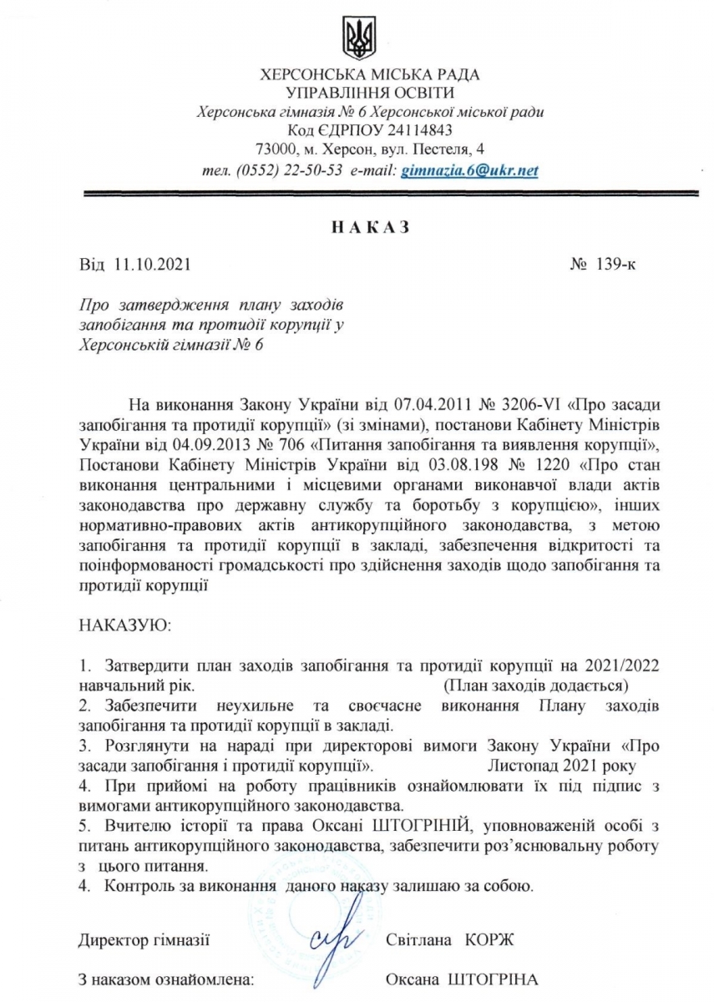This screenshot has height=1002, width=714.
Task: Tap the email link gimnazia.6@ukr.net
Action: (470, 170)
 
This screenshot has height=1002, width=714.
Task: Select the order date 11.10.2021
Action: (151, 266)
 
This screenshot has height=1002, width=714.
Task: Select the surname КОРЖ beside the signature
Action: (492, 940)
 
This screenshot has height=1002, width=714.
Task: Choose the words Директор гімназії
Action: (143, 940)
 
